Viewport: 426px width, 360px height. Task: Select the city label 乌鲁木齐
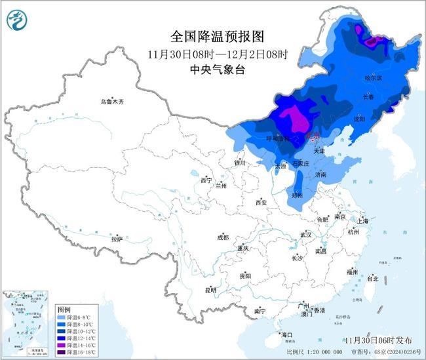112,102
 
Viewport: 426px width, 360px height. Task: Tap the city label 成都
223,237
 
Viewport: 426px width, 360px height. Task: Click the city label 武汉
306,234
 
